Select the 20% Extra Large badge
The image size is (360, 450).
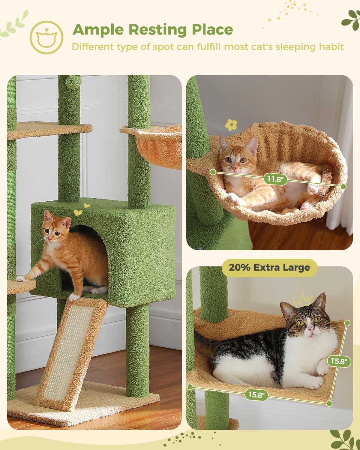tap(269, 267)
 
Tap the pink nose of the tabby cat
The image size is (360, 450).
tap(311, 330)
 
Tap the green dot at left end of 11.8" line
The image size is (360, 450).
tap(213, 172)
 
